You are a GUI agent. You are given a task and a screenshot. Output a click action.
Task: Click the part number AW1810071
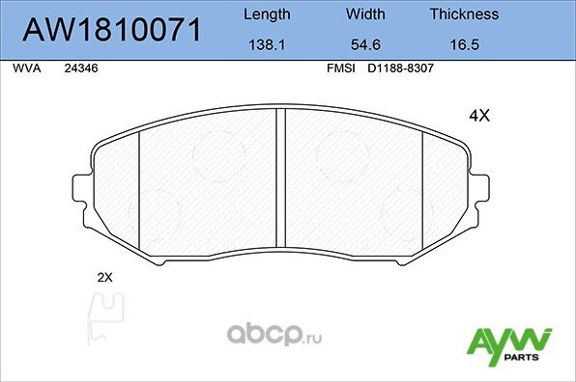pos(112,31)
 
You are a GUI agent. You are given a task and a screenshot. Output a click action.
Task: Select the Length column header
pos(265,14)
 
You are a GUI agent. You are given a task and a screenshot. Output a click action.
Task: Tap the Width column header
pos(365,14)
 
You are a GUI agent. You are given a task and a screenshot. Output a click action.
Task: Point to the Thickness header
pos(464,14)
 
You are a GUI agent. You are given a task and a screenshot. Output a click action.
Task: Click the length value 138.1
pos(265,44)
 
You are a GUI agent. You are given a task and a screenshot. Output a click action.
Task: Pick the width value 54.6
pos(365,44)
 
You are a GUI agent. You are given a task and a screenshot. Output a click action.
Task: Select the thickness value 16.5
pos(464,44)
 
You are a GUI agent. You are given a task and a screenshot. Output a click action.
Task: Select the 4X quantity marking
pos(479,116)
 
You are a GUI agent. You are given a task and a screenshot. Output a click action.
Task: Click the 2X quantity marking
pos(105,277)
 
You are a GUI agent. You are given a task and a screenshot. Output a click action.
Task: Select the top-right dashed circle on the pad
pos(345,153)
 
